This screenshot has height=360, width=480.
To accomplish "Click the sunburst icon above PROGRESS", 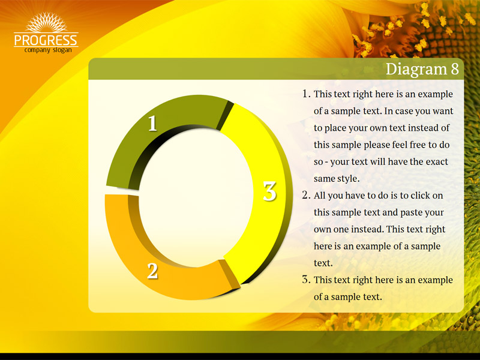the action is [46, 22].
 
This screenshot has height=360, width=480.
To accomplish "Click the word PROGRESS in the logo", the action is [46, 40].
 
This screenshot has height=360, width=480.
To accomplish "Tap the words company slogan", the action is [48, 50].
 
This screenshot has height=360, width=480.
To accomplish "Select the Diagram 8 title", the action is [422, 69].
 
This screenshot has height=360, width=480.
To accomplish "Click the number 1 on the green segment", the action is [152, 124].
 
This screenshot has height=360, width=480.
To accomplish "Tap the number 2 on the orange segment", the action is [152, 271].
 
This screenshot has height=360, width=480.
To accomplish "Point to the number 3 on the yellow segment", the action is [269, 191].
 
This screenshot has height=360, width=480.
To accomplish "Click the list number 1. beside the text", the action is [307, 94].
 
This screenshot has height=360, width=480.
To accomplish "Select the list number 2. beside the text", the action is [307, 195].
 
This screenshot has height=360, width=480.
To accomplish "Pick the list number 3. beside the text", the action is [307, 280].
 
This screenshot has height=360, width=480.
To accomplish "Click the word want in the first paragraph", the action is [443, 111].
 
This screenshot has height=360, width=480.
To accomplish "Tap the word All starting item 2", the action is [320, 196].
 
